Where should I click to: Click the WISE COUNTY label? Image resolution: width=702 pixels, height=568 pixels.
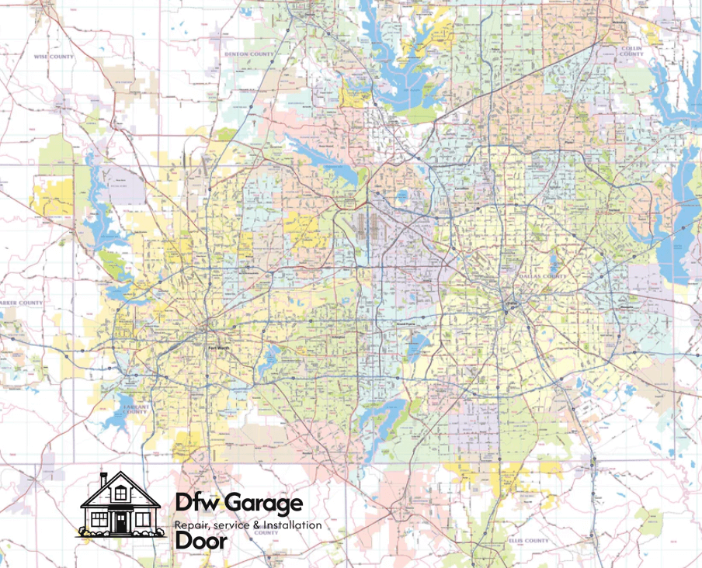54,57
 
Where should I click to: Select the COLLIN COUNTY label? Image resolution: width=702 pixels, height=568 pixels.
631,50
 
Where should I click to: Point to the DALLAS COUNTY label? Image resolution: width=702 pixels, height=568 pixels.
540,275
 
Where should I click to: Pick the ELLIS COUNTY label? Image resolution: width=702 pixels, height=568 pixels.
526,540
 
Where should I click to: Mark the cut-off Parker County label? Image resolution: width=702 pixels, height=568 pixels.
22,303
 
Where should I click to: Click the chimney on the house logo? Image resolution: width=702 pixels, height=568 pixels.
104,479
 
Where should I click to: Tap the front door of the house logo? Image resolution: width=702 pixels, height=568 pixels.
120,522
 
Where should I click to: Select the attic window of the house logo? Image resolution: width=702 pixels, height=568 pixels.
120,493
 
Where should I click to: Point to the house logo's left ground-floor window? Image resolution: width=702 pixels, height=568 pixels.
99,518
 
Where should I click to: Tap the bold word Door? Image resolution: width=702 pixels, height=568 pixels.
201,541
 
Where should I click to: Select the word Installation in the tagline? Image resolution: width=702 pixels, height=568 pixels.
293,525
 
